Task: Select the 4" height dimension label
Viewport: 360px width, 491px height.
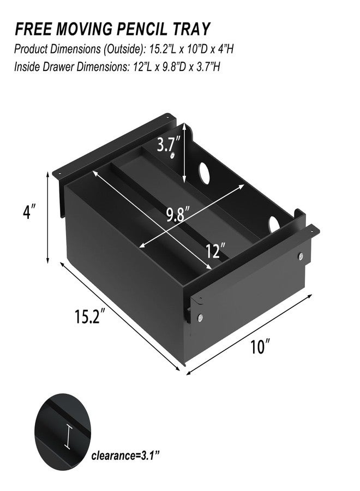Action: (x=29, y=212)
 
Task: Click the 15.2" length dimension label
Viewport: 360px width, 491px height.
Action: (x=88, y=316)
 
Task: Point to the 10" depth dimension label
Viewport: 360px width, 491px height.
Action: (x=260, y=346)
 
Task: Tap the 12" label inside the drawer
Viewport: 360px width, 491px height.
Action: (x=215, y=251)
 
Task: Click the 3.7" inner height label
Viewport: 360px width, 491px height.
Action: (x=169, y=145)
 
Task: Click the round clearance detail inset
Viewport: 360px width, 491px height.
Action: (x=62, y=432)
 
